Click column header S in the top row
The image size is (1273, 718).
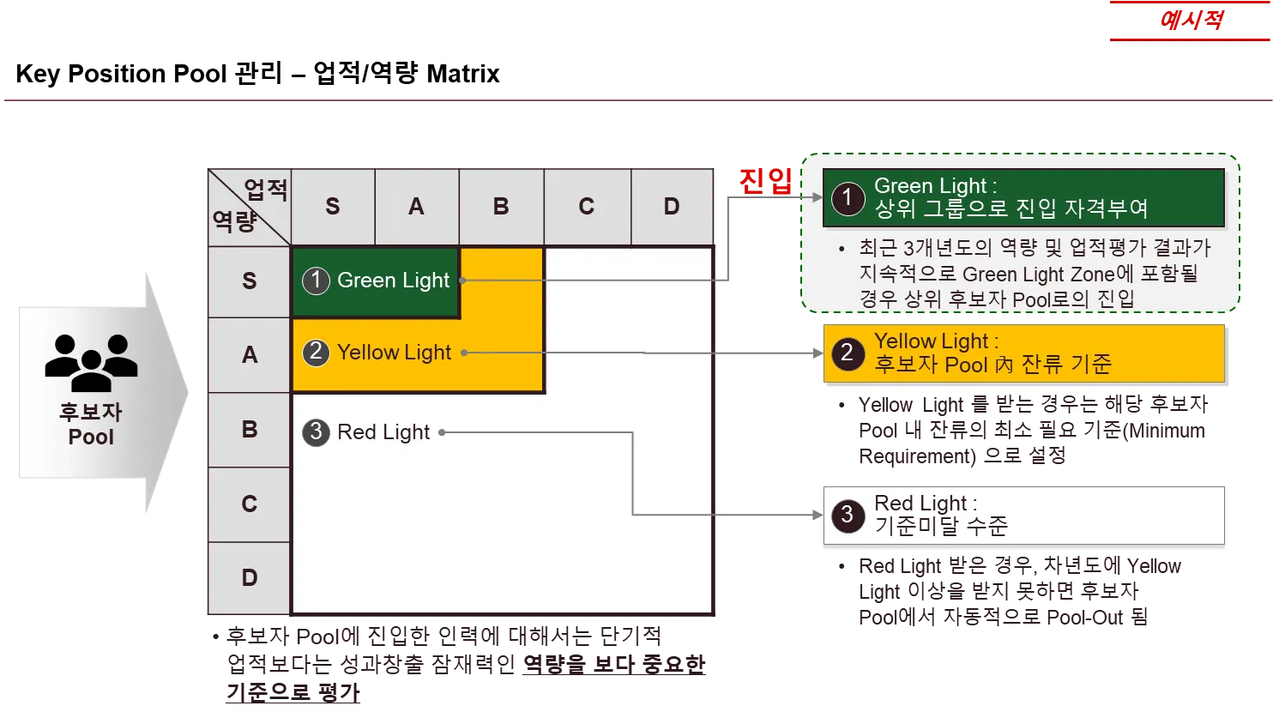[333, 207]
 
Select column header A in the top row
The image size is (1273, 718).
[416, 207]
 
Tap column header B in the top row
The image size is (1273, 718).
[501, 207]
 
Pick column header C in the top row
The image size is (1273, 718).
[587, 207]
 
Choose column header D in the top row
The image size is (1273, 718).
[672, 207]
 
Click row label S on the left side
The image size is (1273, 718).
[250, 281]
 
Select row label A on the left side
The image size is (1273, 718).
[250, 354]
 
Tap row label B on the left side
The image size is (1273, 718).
[250, 429]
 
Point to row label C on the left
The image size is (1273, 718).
[250, 504]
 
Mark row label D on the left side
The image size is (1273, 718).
[250, 578]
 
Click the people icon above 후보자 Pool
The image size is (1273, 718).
[91, 360]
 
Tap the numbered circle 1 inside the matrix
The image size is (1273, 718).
[317, 281]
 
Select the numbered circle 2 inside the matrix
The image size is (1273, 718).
[317, 353]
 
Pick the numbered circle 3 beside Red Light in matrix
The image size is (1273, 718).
[316, 432]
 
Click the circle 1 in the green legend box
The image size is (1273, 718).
[848, 197]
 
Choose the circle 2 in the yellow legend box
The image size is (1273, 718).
[848, 353]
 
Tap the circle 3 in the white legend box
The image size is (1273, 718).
[848, 514]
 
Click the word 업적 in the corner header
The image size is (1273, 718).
[266, 190]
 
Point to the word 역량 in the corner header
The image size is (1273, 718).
[234, 221]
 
